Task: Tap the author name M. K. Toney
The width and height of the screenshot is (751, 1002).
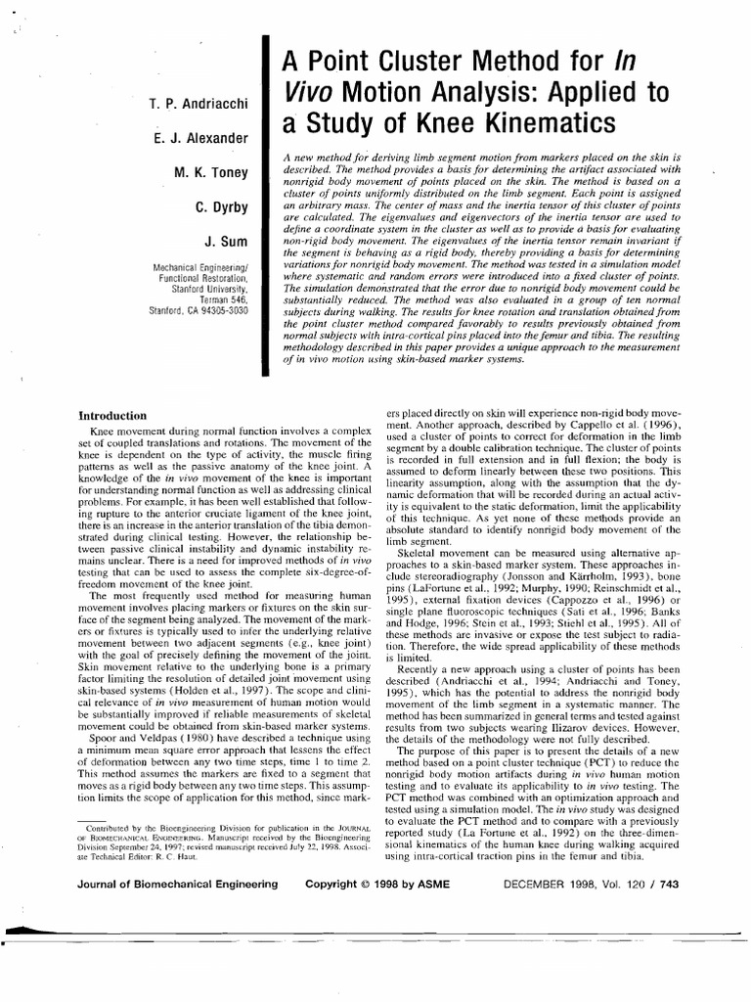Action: [x=210, y=173]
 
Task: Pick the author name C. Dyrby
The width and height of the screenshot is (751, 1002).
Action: [x=221, y=207]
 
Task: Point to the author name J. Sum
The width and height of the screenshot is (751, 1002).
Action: [x=229, y=242]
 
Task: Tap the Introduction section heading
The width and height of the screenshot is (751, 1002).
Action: [x=112, y=416]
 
